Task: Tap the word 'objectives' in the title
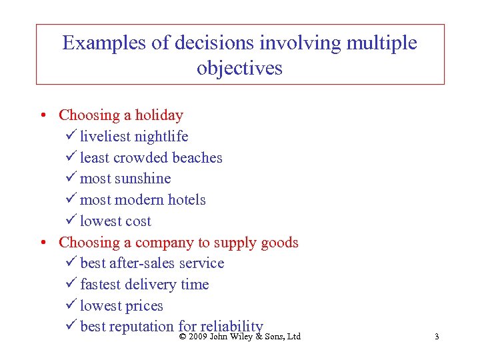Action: tap(239, 68)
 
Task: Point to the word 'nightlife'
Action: tap(161, 137)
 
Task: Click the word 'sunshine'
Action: tap(142, 179)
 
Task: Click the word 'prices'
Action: tap(145, 306)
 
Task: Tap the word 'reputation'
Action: tap(141, 327)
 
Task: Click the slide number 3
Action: tap(437, 337)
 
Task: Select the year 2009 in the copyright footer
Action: tap(197, 337)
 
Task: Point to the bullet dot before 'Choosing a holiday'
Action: tap(42, 115)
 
